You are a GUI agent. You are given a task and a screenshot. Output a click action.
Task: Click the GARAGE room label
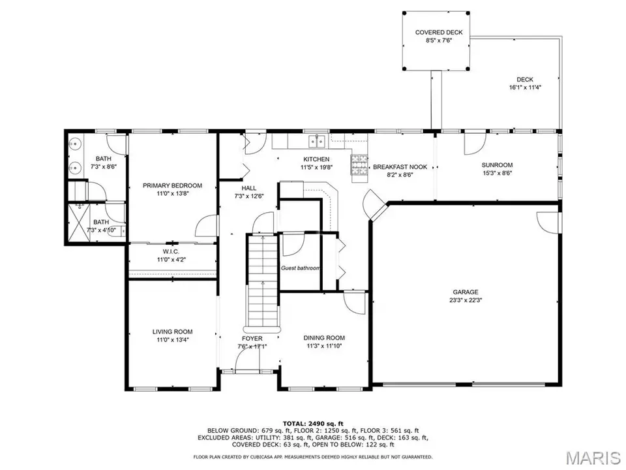(465, 292)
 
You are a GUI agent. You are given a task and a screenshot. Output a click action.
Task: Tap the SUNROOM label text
(497, 165)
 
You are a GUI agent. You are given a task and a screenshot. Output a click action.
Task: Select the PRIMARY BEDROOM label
(172, 185)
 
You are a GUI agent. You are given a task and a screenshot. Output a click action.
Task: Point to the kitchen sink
(318, 141)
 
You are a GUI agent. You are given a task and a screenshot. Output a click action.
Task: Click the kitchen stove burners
(359, 165)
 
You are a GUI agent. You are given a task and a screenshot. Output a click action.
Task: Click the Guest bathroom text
(300, 268)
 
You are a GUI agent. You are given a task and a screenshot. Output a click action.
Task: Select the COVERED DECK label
(439, 33)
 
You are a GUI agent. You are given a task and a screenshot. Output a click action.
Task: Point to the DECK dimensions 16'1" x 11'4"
(525, 87)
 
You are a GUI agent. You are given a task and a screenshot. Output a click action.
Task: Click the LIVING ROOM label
(172, 332)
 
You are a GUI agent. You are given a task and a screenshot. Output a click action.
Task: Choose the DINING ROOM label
(324, 337)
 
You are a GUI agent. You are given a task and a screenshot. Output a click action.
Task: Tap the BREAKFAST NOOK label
(400, 167)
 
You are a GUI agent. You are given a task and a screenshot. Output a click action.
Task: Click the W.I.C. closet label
(171, 251)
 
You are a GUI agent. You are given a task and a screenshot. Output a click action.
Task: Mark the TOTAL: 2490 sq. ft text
(313, 424)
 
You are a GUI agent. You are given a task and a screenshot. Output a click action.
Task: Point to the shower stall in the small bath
(78, 223)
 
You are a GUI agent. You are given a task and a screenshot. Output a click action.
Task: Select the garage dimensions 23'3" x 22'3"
(465, 300)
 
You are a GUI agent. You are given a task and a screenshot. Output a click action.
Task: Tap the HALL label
(248, 188)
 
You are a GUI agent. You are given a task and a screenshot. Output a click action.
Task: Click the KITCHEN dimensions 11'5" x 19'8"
(317, 168)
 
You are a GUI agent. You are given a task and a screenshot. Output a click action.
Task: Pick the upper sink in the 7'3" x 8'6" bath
(74, 144)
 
